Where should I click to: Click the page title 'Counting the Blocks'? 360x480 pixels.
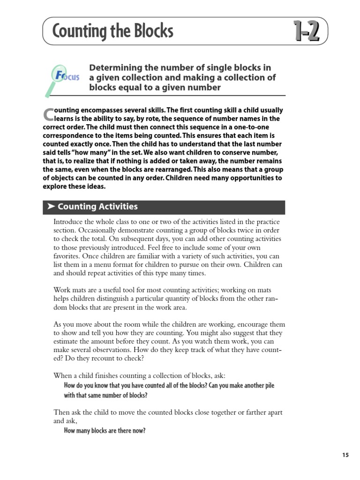(x=113, y=31)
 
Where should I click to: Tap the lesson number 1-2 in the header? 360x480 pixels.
(x=307, y=32)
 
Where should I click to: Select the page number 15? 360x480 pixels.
(x=345, y=455)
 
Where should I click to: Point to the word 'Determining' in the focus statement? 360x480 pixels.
(x=115, y=68)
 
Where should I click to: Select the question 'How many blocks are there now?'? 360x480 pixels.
(x=105, y=431)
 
